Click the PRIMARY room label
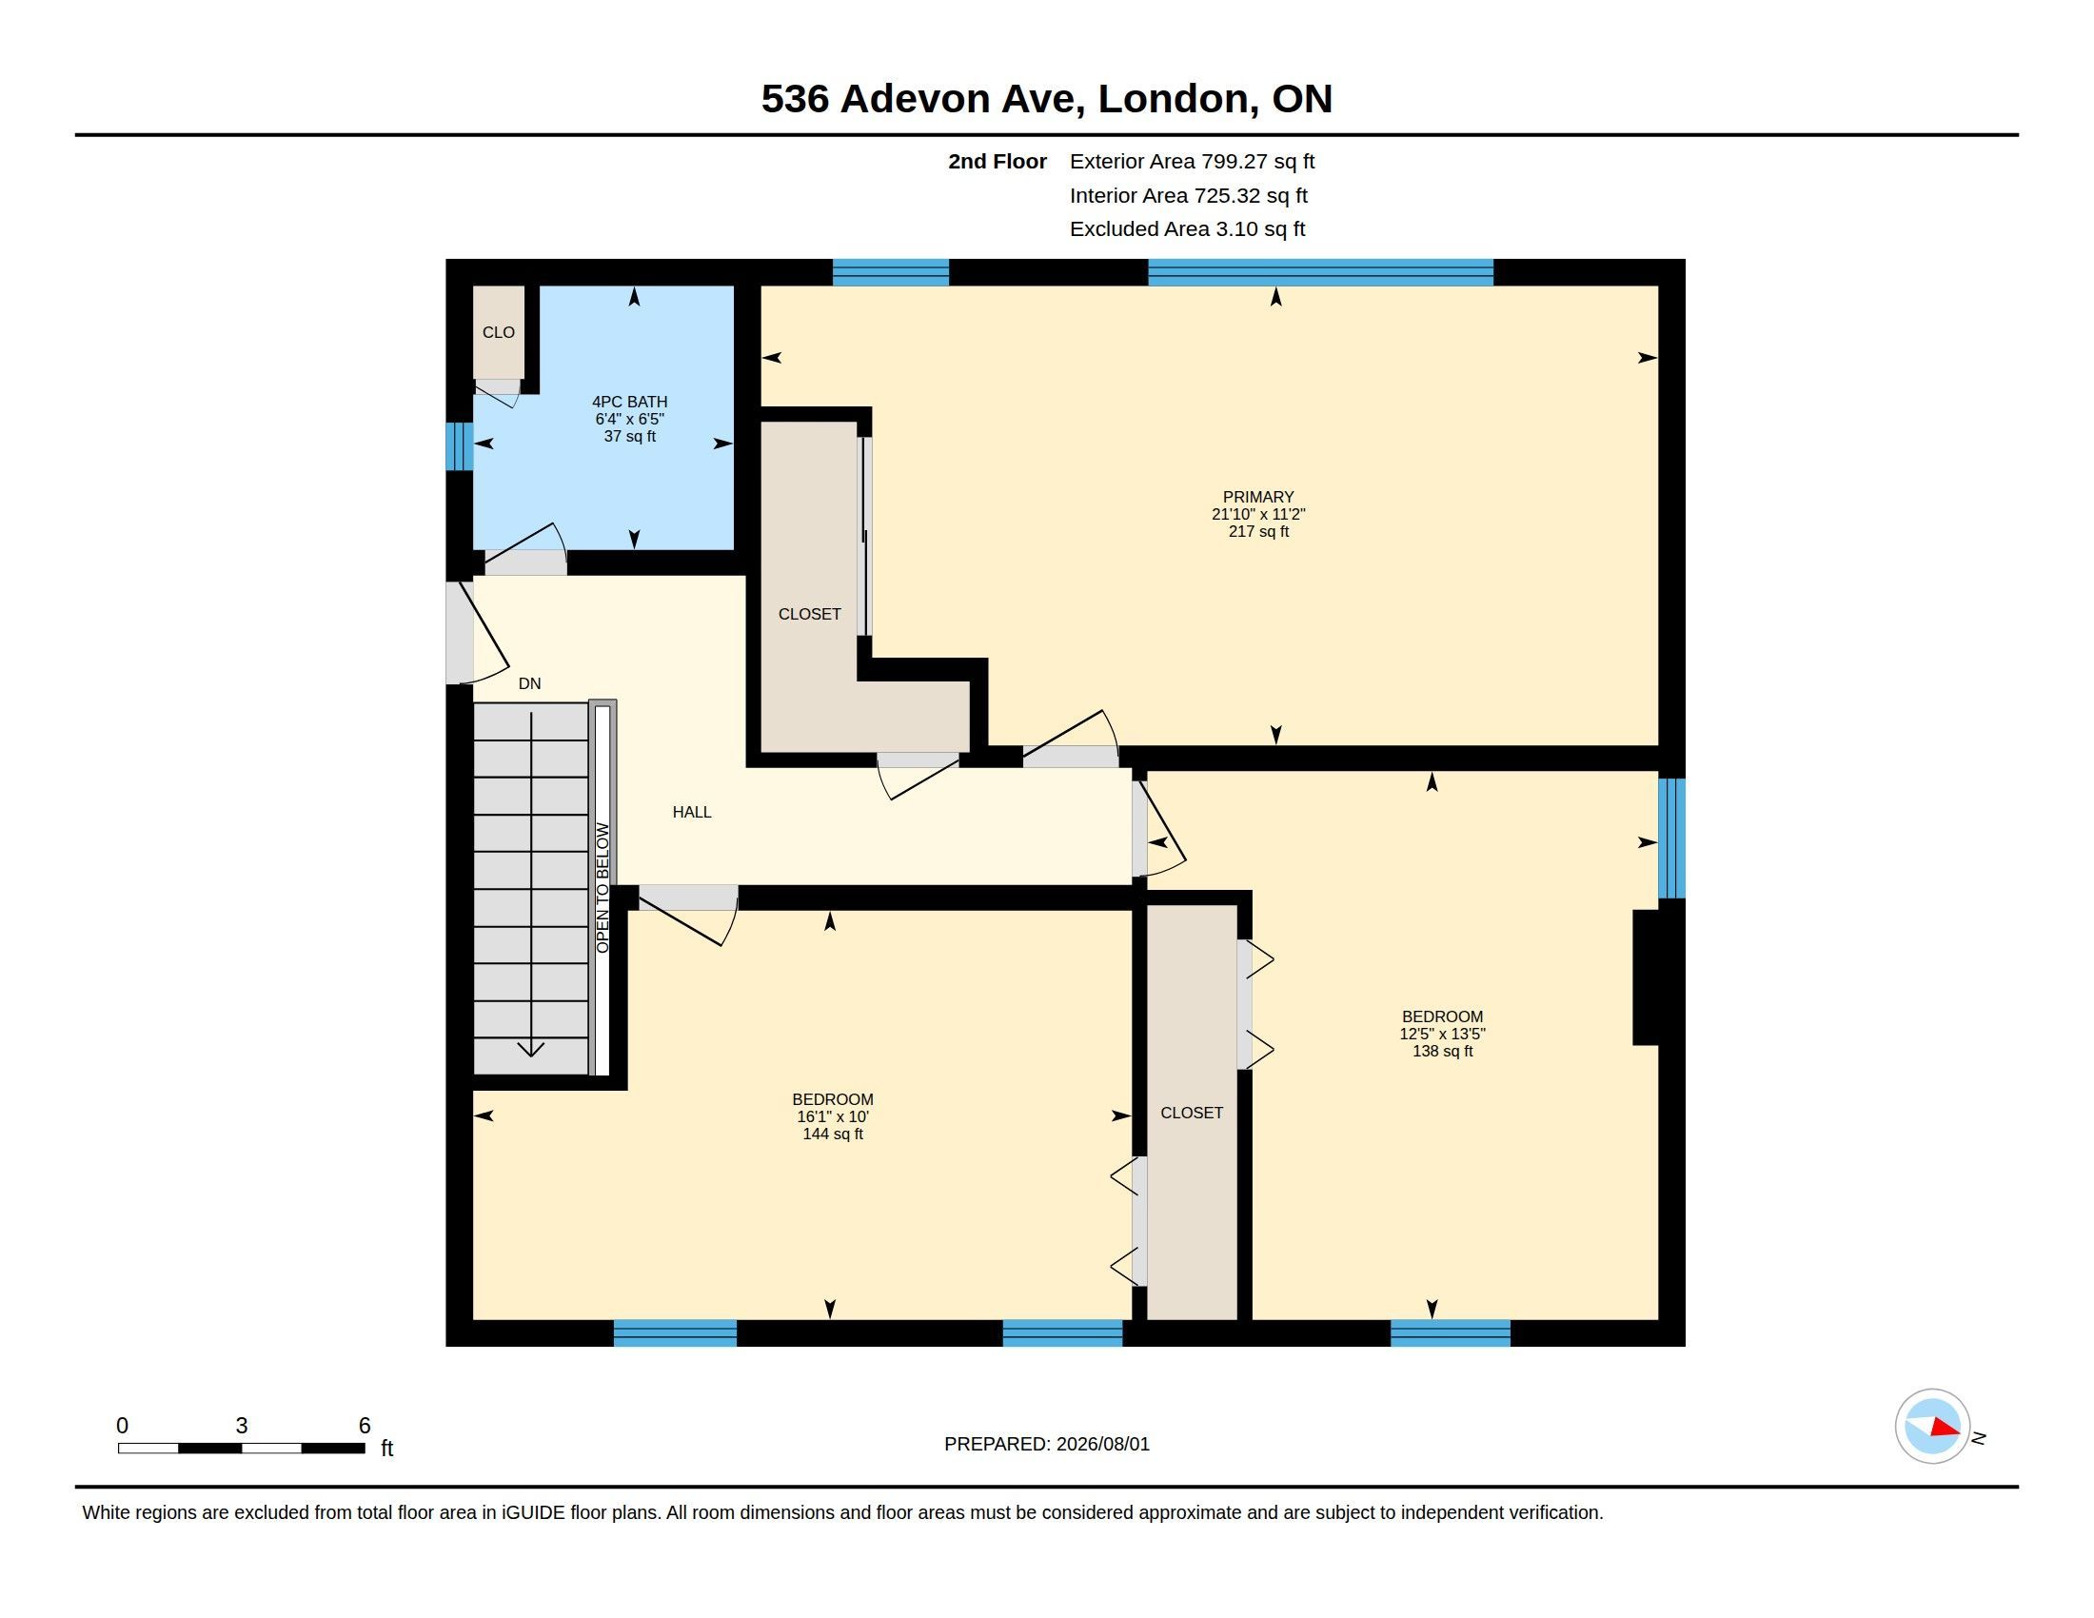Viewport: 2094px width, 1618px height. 1258,497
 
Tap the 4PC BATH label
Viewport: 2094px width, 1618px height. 630,402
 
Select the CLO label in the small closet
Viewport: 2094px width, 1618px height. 499,332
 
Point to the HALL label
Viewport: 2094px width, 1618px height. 691,812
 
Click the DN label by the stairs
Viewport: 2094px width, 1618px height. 529,683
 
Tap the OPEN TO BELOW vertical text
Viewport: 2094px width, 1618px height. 603,888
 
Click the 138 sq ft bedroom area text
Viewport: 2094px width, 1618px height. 1442,1051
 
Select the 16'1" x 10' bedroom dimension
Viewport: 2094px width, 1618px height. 832,1116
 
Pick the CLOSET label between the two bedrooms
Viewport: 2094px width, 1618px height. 1192,1113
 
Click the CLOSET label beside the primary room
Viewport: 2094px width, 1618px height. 809,614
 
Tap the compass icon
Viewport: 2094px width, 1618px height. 1933,1427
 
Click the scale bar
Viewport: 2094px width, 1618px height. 242,1448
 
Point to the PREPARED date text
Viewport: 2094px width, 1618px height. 1047,1444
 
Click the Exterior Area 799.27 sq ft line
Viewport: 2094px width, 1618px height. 1192,161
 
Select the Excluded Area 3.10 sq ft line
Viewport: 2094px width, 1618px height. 1187,228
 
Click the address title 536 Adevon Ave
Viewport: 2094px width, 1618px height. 922,98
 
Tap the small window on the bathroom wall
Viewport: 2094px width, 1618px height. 460,446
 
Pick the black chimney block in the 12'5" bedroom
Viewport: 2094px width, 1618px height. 1647,977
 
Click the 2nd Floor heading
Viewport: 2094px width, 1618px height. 998,161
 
